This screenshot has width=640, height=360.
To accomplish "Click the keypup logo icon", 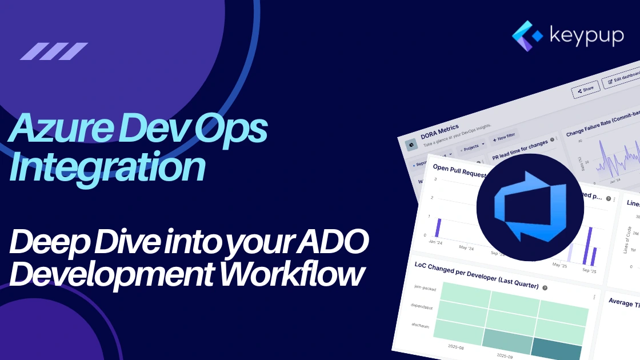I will (529, 36).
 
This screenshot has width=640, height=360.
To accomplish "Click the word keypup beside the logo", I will (586, 35).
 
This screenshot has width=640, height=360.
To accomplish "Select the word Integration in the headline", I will (108, 166).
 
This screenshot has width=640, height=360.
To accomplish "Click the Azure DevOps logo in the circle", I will (530, 207).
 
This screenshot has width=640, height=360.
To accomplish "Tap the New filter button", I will (503, 138).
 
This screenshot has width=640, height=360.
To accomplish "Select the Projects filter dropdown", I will (474, 146).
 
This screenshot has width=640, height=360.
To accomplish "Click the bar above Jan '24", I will (438, 227).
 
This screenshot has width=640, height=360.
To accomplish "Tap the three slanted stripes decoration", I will (54, 51).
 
